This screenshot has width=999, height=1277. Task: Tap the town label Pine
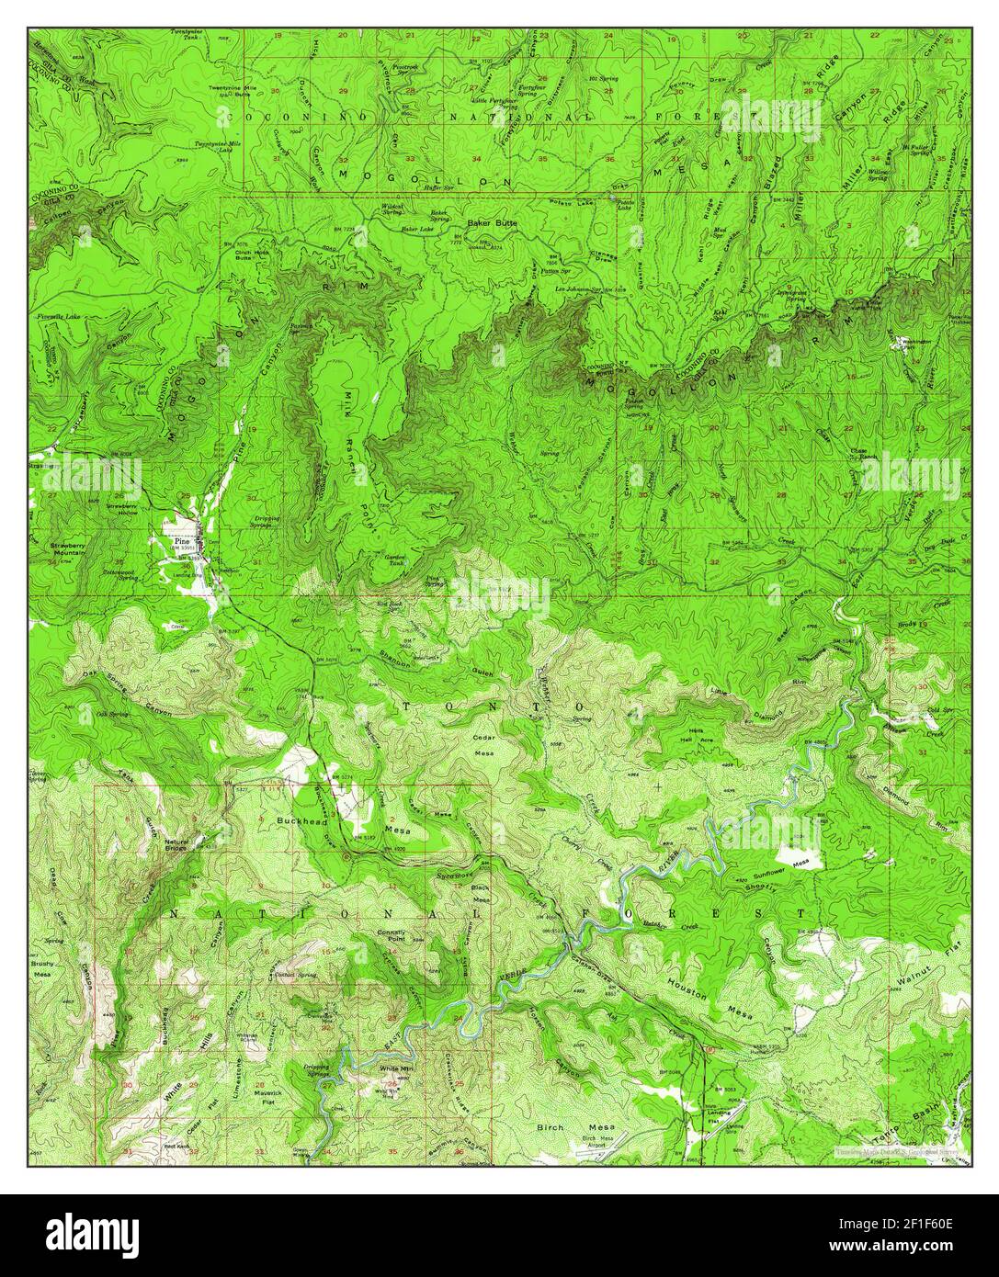tap(181, 542)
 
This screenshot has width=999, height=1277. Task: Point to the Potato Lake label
tap(626, 208)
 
